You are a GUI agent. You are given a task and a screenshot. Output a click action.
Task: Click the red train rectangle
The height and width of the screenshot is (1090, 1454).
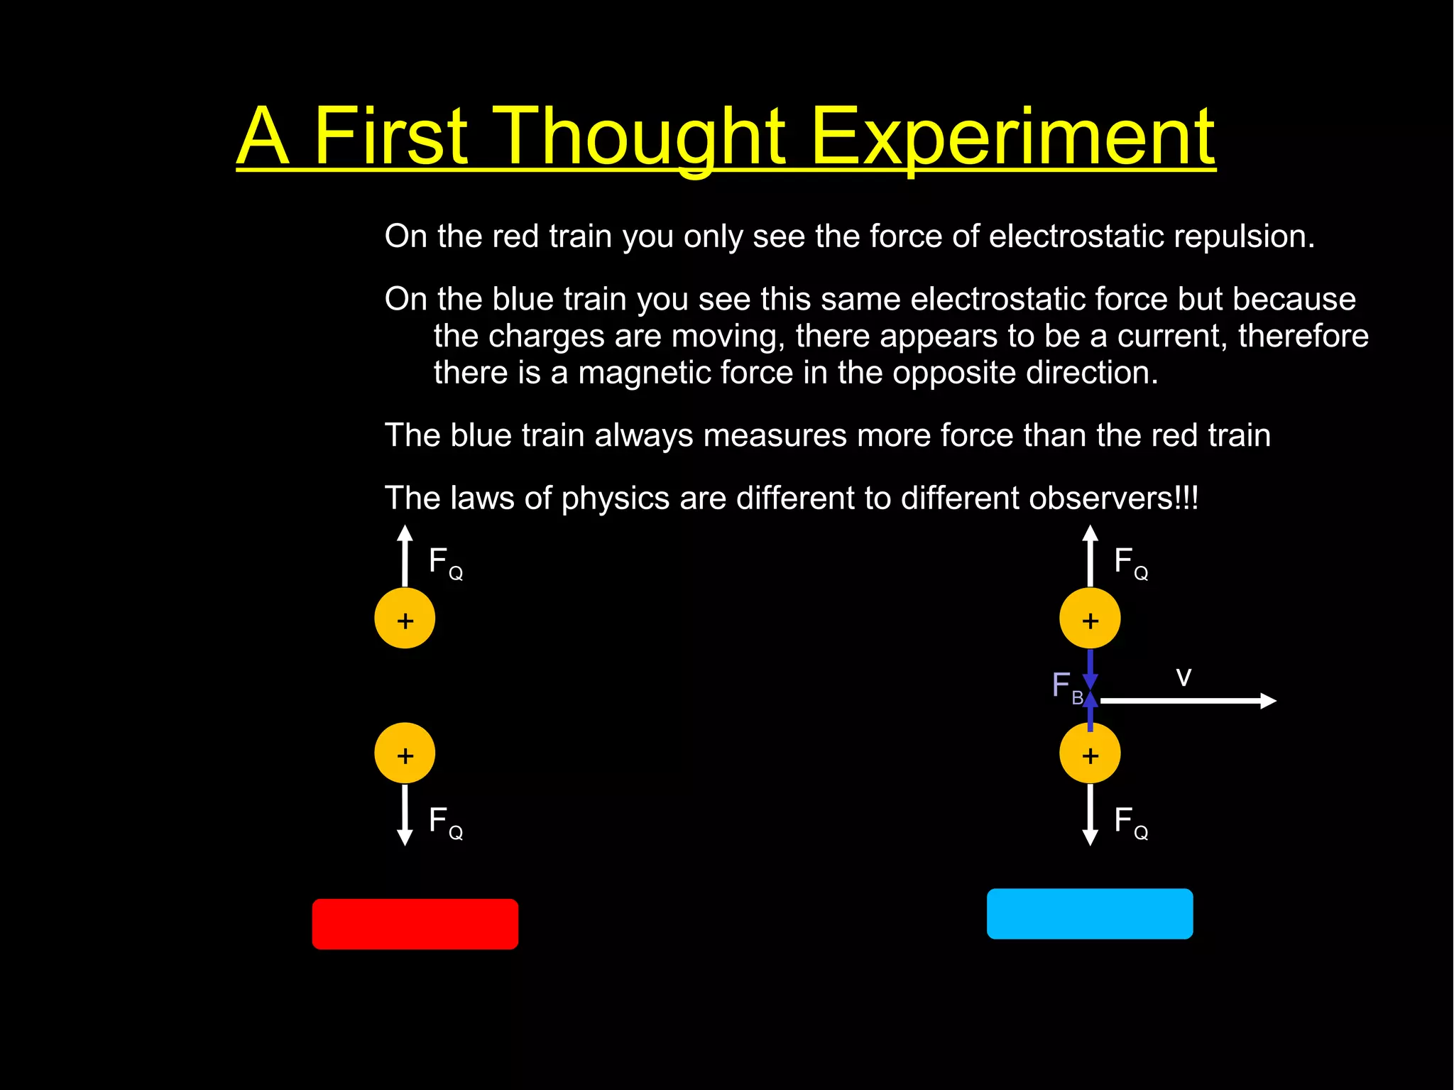[x=415, y=924]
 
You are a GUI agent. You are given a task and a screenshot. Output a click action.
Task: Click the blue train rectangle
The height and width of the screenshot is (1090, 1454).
[x=1089, y=914]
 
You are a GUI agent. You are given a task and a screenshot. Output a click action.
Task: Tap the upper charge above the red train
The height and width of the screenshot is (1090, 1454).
[x=405, y=618]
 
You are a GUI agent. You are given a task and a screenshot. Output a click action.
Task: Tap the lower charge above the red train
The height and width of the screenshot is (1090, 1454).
[x=405, y=753]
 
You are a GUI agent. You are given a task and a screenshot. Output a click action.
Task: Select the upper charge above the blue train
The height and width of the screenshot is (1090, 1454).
[x=1090, y=618]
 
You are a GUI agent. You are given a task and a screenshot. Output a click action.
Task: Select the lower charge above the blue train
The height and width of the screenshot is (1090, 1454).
[x=1090, y=753]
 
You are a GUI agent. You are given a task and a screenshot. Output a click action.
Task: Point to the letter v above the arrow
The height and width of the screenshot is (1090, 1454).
[x=1183, y=677]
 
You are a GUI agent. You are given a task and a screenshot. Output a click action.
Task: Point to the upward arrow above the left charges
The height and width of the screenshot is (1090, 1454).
[x=405, y=555]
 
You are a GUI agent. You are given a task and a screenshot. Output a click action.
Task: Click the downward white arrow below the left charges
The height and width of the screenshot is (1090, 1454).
[x=405, y=814]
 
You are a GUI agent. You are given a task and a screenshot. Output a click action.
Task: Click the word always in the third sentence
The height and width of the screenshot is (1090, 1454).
[x=643, y=435]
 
